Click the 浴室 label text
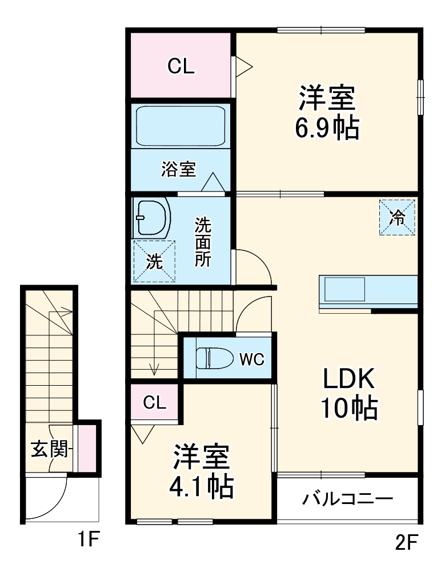tap(178, 169)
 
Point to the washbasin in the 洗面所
tap(152, 219)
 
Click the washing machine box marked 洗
tap(154, 261)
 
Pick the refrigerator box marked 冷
tap(398, 217)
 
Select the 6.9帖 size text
tap(327, 129)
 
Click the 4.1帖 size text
tap(201, 486)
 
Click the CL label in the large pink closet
tap(181, 67)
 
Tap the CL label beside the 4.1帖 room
tap(154, 403)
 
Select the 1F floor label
tap(89, 539)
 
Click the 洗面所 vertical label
tap(203, 242)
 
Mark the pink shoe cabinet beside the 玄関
tap(87, 448)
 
